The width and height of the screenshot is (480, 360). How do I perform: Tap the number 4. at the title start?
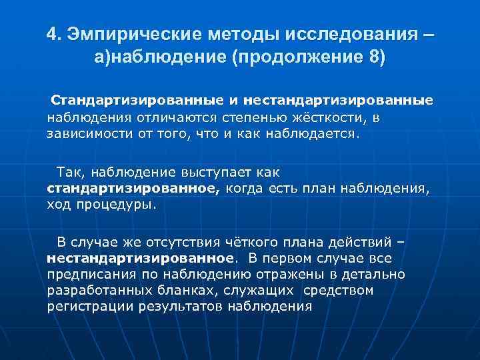pyautogui.click(x=55, y=34)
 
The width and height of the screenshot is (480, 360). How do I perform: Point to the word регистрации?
pyautogui.click(x=91, y=307)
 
